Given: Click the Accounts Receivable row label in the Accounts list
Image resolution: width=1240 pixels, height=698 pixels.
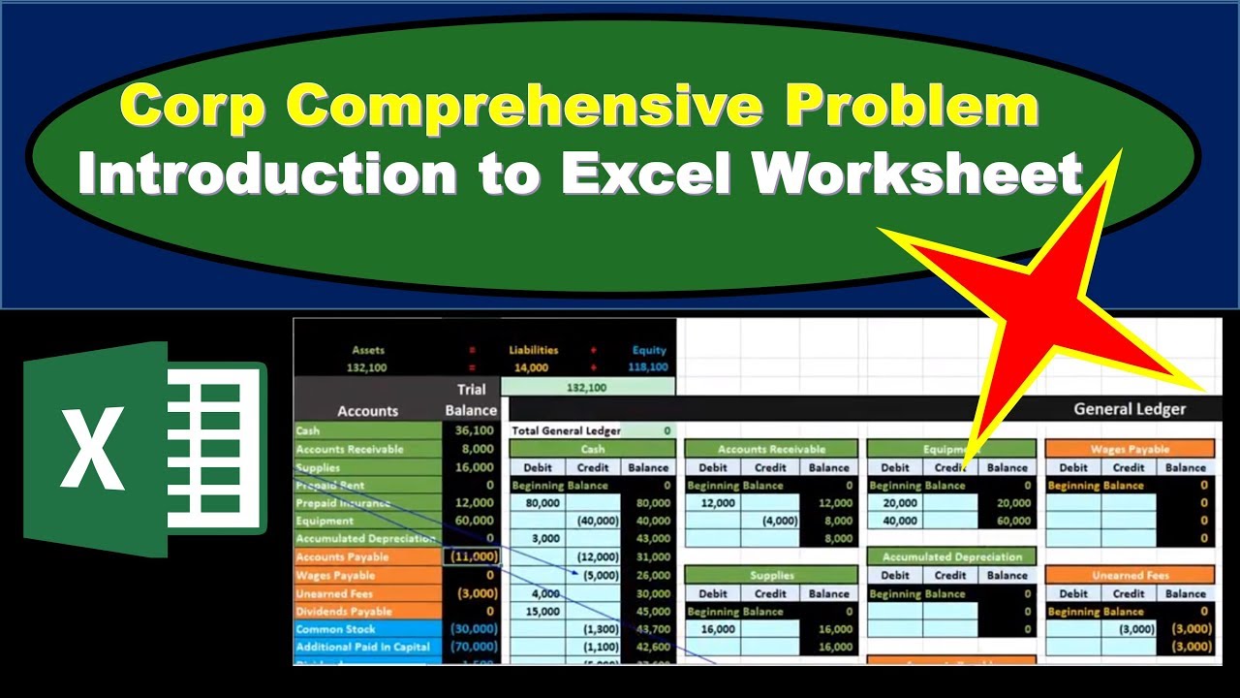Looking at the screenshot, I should coord(350,449).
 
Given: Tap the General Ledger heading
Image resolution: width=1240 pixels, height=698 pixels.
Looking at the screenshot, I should coord(1129,409).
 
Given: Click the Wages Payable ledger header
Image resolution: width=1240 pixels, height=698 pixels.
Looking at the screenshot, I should coord(1130,449).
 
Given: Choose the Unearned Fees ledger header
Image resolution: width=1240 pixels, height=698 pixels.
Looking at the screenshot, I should coord(1130,575).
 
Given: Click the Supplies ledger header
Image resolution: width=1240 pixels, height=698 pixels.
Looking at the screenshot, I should coord(771,575).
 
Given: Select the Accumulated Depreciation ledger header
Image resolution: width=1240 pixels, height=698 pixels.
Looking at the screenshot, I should coord(951,556).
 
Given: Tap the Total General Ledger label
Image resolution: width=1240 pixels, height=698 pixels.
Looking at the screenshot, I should coord(566,430).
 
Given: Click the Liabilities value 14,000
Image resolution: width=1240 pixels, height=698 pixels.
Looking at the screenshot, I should coord(530,367).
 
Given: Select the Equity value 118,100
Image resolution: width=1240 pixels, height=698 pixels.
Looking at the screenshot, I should coord(648,367).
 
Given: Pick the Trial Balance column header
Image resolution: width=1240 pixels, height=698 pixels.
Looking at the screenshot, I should coord(471,399).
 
